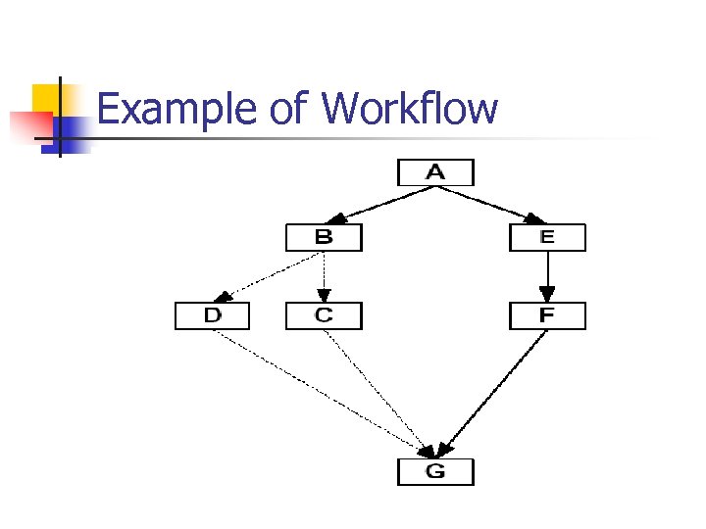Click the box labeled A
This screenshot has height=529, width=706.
point(435,172)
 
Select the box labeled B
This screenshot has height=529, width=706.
point(324,237)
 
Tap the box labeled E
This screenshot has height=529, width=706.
point(547,237)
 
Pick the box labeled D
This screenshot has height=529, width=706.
point(212,315)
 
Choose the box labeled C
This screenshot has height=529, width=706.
point(324,315)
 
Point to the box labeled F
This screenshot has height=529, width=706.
point(547,315)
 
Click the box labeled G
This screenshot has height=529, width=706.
point(435,471)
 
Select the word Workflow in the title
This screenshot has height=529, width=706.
point(409,108)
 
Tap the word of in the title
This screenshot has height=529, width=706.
point(288,110)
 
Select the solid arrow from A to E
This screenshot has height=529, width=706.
point(491,205)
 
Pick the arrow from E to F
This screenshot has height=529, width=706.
point(547,276)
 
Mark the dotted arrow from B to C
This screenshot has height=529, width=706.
point(324,276)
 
